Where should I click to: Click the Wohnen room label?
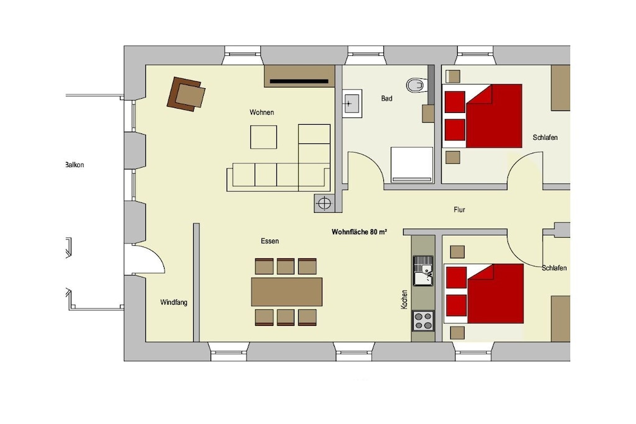pos(261,112)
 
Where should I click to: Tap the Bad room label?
pos(386,98)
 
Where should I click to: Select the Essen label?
pos(270,241)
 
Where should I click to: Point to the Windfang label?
pos(174,302)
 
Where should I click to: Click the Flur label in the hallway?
pos(459,210)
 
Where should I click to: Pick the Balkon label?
pos(75,165)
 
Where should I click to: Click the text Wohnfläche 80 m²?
pos(359,232)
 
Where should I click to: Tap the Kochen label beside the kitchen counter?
pos(404,300)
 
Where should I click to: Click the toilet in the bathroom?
pos(416,85)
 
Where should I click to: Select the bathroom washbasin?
pos(352,104)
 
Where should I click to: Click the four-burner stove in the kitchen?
pos(423,320)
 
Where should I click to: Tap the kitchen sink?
pos(423,271)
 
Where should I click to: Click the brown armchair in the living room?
pos(186,94)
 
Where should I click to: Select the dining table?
pos(287,292)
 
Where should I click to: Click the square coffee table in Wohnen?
pos(263,137)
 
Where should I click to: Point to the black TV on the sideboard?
pos(299,81)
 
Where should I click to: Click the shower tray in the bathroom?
pos(412,165)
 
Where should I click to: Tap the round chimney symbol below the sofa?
pos(324,202)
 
